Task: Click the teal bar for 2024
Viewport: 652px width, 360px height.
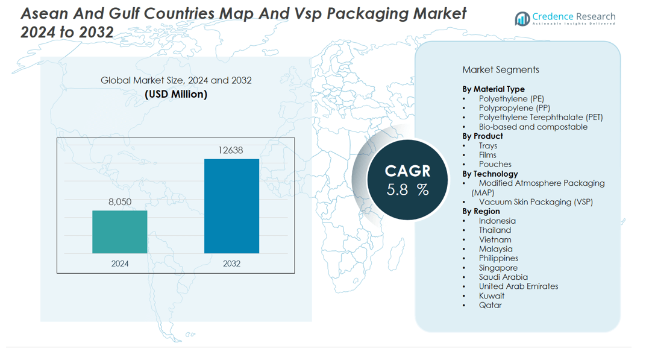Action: (119, 232)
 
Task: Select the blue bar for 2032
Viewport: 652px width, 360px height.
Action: (231, 206)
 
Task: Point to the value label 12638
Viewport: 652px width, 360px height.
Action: (231, 150)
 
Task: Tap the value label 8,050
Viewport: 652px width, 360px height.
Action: (120, 201)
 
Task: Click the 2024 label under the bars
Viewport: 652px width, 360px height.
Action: (120, 264)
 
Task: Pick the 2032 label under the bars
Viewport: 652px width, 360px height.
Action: (231, 264)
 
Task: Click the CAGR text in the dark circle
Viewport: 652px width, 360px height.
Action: (407, 171)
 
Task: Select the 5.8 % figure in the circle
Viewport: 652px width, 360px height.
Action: (407, 189)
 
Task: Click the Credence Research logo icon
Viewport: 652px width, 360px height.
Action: (522, 19)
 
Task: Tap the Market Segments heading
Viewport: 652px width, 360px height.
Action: (501, 70)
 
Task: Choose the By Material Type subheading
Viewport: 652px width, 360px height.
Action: (494, 89)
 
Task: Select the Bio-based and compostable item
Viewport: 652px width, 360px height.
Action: (533, 127)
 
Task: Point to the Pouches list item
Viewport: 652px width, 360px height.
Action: (495, 164)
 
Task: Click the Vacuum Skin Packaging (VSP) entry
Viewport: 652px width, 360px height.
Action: (536, 202)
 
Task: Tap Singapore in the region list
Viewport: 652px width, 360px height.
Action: (498, 268)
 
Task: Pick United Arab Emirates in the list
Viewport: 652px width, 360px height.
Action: (518, 286)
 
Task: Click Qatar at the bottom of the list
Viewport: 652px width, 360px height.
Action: (490, 305)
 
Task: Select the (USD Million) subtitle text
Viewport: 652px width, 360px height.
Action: (176, 94)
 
